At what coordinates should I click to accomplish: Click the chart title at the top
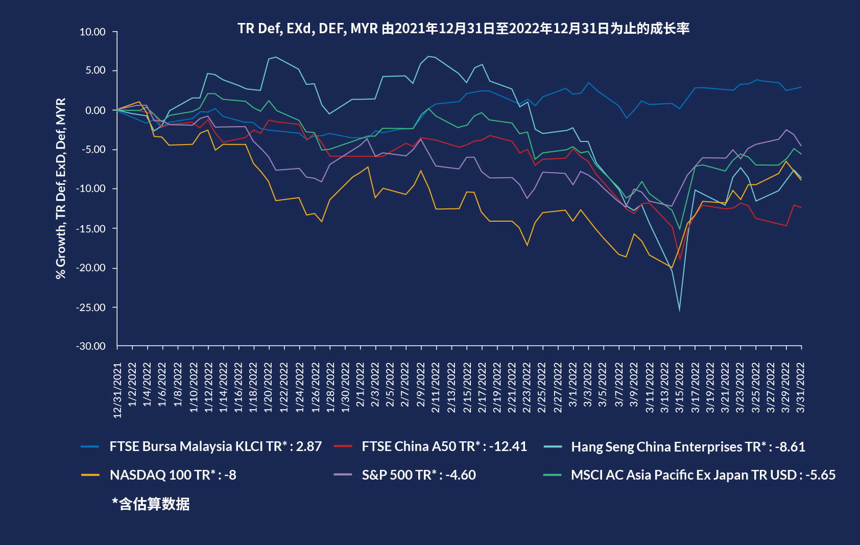click(463, 28)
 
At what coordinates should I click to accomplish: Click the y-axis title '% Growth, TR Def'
click(61, 188)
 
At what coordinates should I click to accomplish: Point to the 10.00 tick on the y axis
click(92, 32)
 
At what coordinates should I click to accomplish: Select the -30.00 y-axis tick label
click(91, 346)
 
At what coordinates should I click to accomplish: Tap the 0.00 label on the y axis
click(95, 110)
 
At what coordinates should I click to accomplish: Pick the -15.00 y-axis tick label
click(91, 228)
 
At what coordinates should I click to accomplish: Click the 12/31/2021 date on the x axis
click(117, 390)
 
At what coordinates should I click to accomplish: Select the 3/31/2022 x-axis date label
click(801, 388)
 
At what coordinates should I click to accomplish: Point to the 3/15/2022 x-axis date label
click(679, 388)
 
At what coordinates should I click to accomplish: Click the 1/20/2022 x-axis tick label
click(269, 388)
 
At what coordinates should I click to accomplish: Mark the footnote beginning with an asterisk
click(151, 504)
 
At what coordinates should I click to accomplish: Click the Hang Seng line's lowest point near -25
click(679, 310)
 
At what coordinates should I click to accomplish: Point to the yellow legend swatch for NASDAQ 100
click(90, 475)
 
